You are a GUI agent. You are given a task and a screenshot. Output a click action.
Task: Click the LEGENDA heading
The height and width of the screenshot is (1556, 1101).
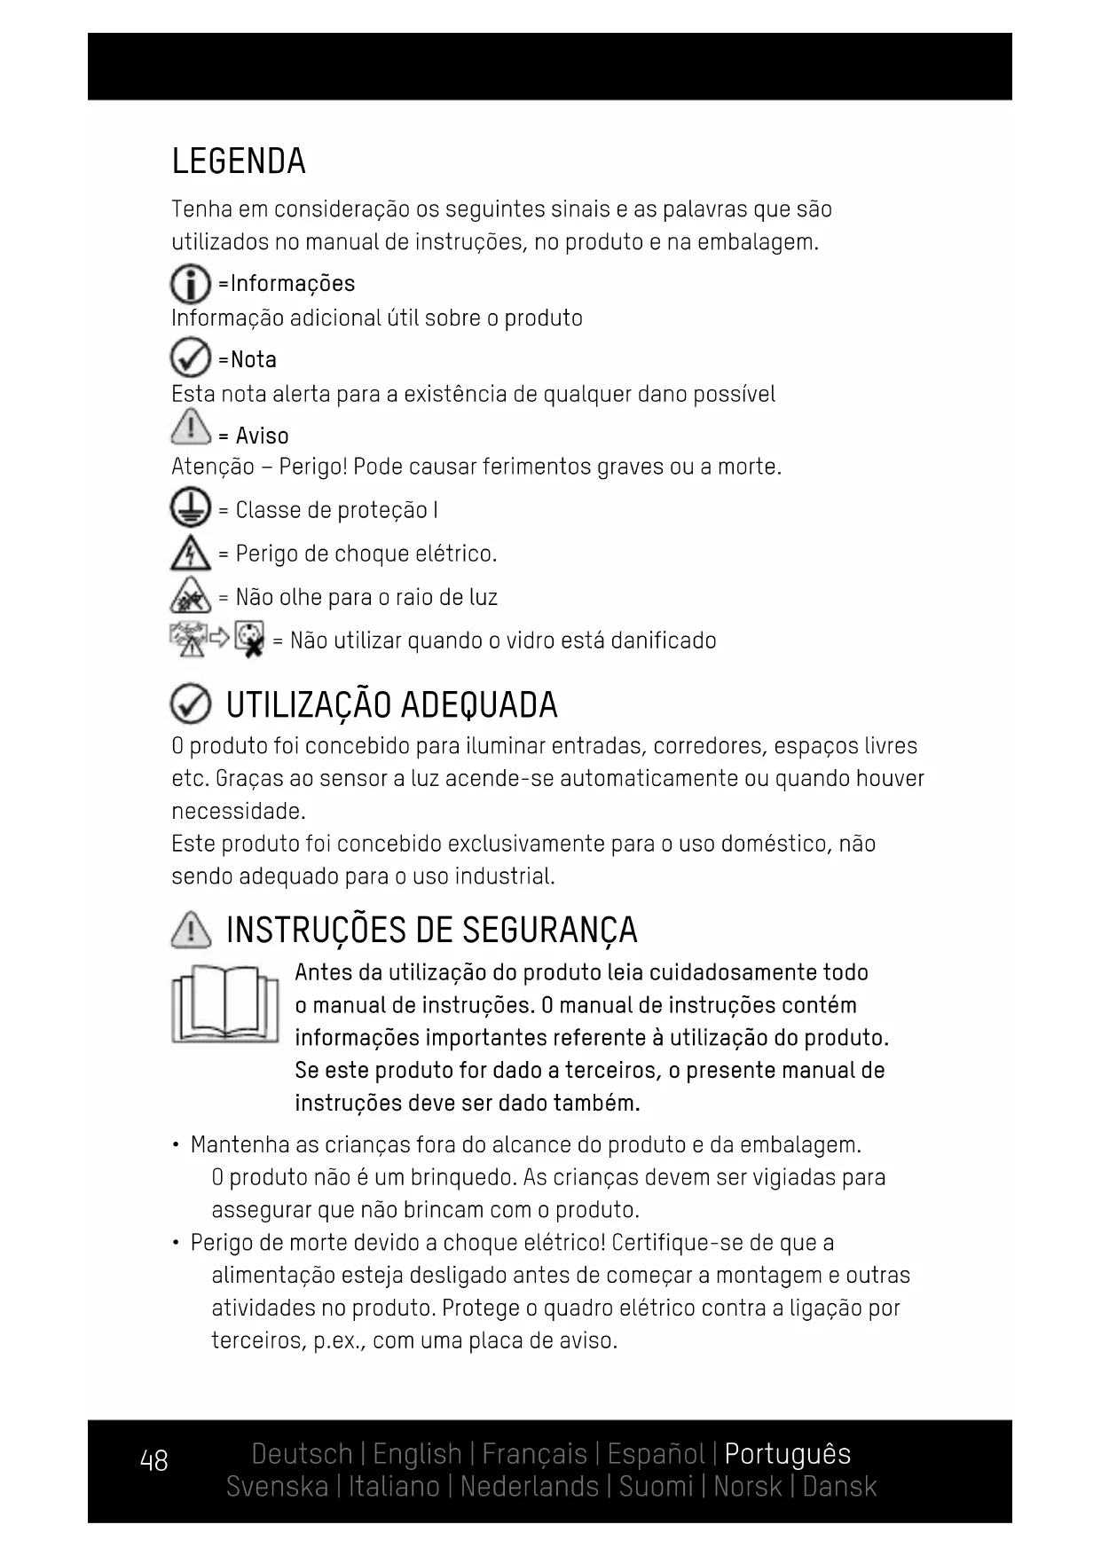239,161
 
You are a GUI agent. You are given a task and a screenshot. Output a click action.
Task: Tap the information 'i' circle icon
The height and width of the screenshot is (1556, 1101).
190,285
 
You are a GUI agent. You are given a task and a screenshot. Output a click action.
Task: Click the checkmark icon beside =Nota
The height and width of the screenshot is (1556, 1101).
190,358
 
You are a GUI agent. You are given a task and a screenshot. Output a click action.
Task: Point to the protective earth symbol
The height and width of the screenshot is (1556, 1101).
190,510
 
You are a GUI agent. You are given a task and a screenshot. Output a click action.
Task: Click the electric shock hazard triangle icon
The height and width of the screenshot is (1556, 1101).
190,554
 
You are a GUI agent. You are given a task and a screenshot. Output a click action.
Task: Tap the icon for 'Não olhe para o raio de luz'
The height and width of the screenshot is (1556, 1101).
190,595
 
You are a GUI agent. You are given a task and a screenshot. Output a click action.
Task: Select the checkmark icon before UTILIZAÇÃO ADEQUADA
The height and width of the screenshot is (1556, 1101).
190,705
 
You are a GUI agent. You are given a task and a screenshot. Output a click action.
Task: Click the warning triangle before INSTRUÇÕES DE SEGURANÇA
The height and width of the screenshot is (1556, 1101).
191,930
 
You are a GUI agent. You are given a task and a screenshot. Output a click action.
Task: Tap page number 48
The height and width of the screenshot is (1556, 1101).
153,1460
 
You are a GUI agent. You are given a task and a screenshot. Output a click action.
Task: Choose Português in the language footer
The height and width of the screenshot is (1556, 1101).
787,1454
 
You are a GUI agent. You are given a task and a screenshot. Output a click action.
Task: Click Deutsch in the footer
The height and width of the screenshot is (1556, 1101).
302,1454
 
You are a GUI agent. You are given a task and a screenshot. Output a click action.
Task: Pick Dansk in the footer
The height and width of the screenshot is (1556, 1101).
838,1486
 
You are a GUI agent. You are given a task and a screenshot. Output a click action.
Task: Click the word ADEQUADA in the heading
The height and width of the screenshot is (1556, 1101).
479,705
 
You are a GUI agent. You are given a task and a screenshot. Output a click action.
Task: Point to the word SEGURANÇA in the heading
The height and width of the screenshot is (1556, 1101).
550,930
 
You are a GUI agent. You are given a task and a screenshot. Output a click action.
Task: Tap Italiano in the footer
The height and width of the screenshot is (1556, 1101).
393,1486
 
